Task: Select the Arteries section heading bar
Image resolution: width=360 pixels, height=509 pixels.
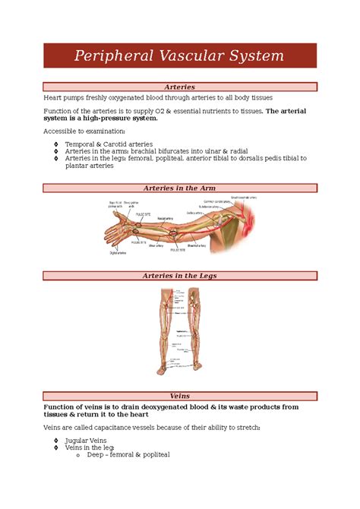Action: pyautogui.click(x=179, y=87)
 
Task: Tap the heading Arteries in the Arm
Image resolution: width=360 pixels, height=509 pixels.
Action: pyautogui.click(x=179, y=188)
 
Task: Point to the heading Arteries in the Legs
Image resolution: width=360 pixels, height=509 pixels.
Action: pyautogui.click(x=179, y=276)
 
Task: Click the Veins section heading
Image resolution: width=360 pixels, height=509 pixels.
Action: pyautogui.click(x=179, y=396)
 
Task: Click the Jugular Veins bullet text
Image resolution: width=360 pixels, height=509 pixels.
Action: pyautogui.click(x=86, y=441)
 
